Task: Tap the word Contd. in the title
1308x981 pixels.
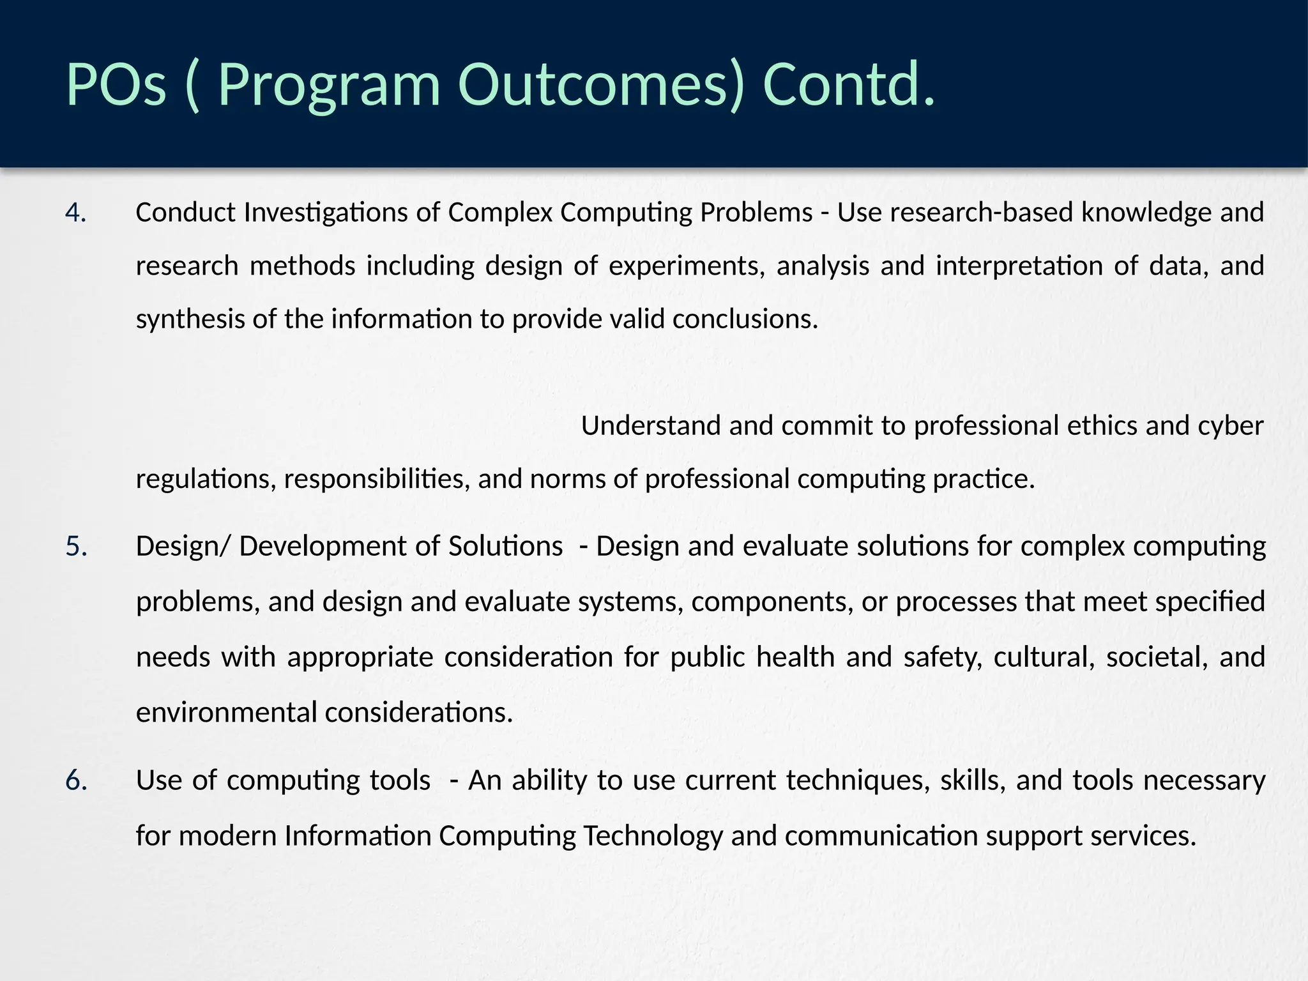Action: [x=849, y=85]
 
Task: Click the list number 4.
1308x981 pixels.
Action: [x=75, y=213]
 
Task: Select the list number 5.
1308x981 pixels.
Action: [x=76, y=547]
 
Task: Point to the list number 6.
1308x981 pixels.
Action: [x=76, y=780]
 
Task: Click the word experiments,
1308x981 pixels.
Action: [x=687, y=266]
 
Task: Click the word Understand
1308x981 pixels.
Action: [x=651, y=426]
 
